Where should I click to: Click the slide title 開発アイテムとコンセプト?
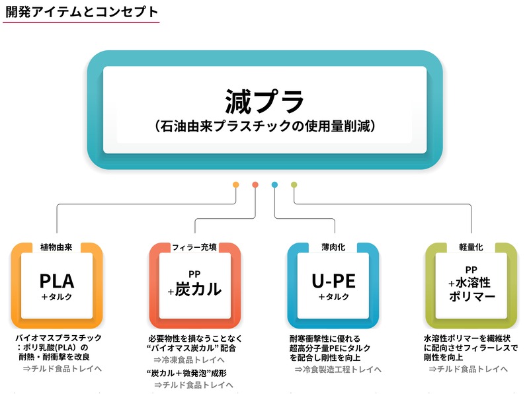tap(81, 12)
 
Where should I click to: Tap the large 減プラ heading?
tap(264, 101)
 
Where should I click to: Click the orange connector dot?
tap(236, 184)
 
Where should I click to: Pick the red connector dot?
tap(255, 184)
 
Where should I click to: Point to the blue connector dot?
tap(274, 184)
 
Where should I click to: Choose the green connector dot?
tap(294, 184)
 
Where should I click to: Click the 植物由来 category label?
tap(56, 247)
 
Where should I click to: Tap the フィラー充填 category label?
tap(194, 247)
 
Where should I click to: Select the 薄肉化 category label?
tap(333, 247)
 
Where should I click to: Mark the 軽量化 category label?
tap(471, 247)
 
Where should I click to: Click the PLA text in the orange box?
tap(57, 281)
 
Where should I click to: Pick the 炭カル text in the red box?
tap(198, 289)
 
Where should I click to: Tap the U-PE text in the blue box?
tap(334, 281)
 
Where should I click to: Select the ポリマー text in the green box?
tap(472, 297)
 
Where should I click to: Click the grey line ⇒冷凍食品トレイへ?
tap(189, 360)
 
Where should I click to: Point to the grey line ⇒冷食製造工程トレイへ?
tap(338, 370)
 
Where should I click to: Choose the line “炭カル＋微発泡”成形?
tap(187, 374)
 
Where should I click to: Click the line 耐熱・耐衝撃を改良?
tap(54, 356)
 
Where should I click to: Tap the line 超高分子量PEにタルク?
tap(330, 348)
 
